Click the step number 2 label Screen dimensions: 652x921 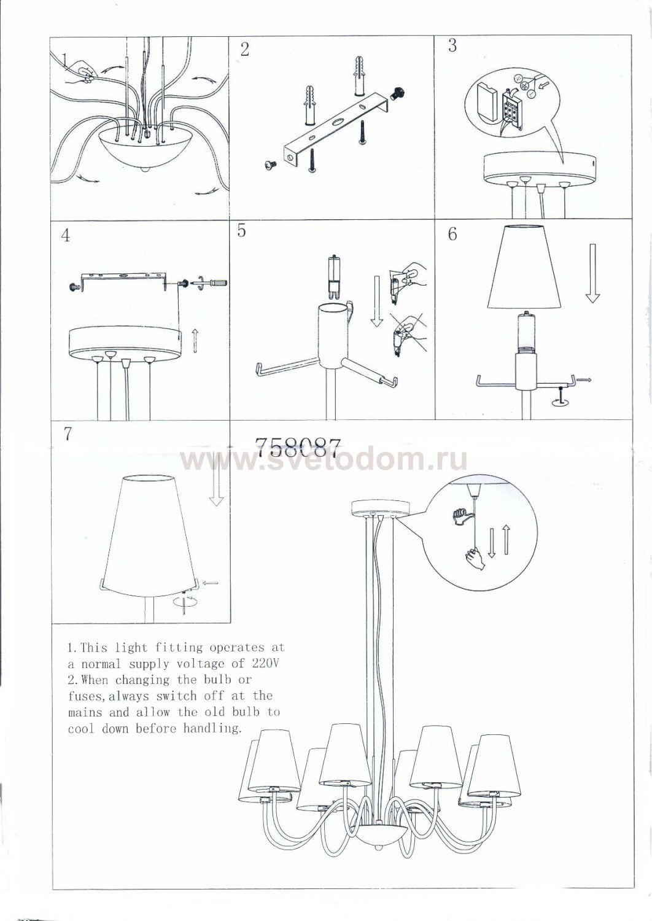[x=244, y=50]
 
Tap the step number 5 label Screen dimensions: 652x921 [x=242, y=231]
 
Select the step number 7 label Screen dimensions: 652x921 [x=68, y=435]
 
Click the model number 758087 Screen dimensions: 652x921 [x=298, y=448]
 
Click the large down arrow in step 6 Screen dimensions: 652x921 [x=592, y=273]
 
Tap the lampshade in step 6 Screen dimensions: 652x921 [x=524, y=266]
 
